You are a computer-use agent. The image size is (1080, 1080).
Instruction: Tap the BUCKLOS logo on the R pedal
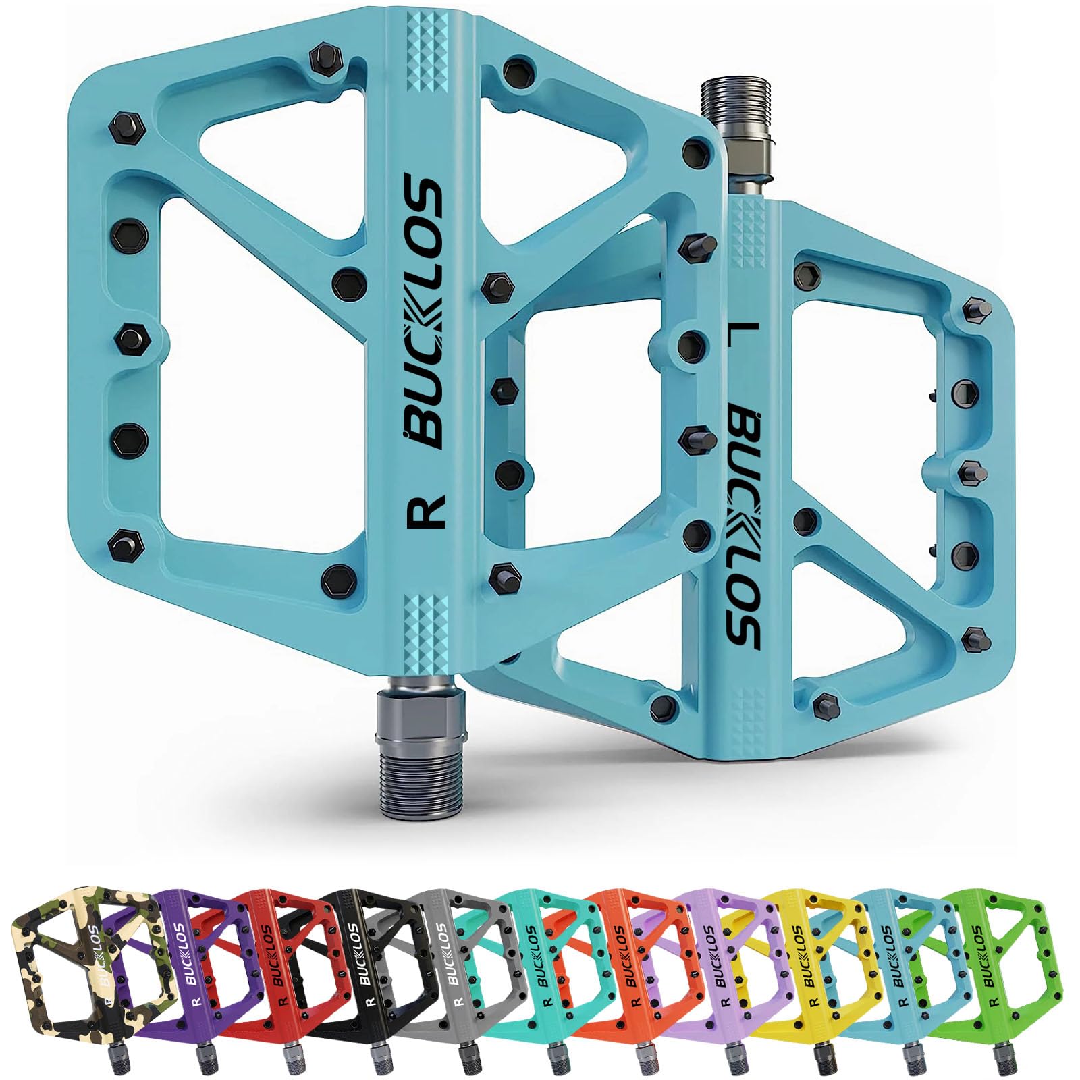coord(425,310)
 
